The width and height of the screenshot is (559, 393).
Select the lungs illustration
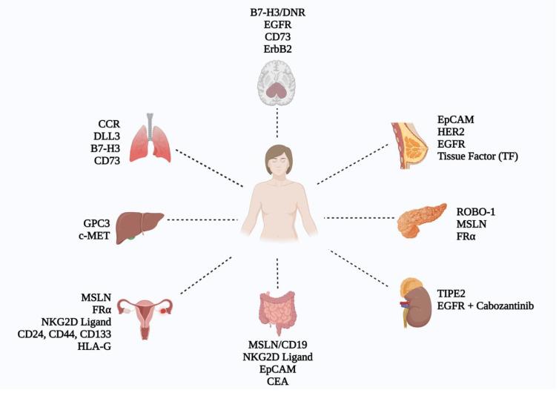(x=151, y=137)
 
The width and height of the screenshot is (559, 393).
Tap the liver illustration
(x=142, y=223)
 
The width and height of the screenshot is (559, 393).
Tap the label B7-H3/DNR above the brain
(x=277, y=10)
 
